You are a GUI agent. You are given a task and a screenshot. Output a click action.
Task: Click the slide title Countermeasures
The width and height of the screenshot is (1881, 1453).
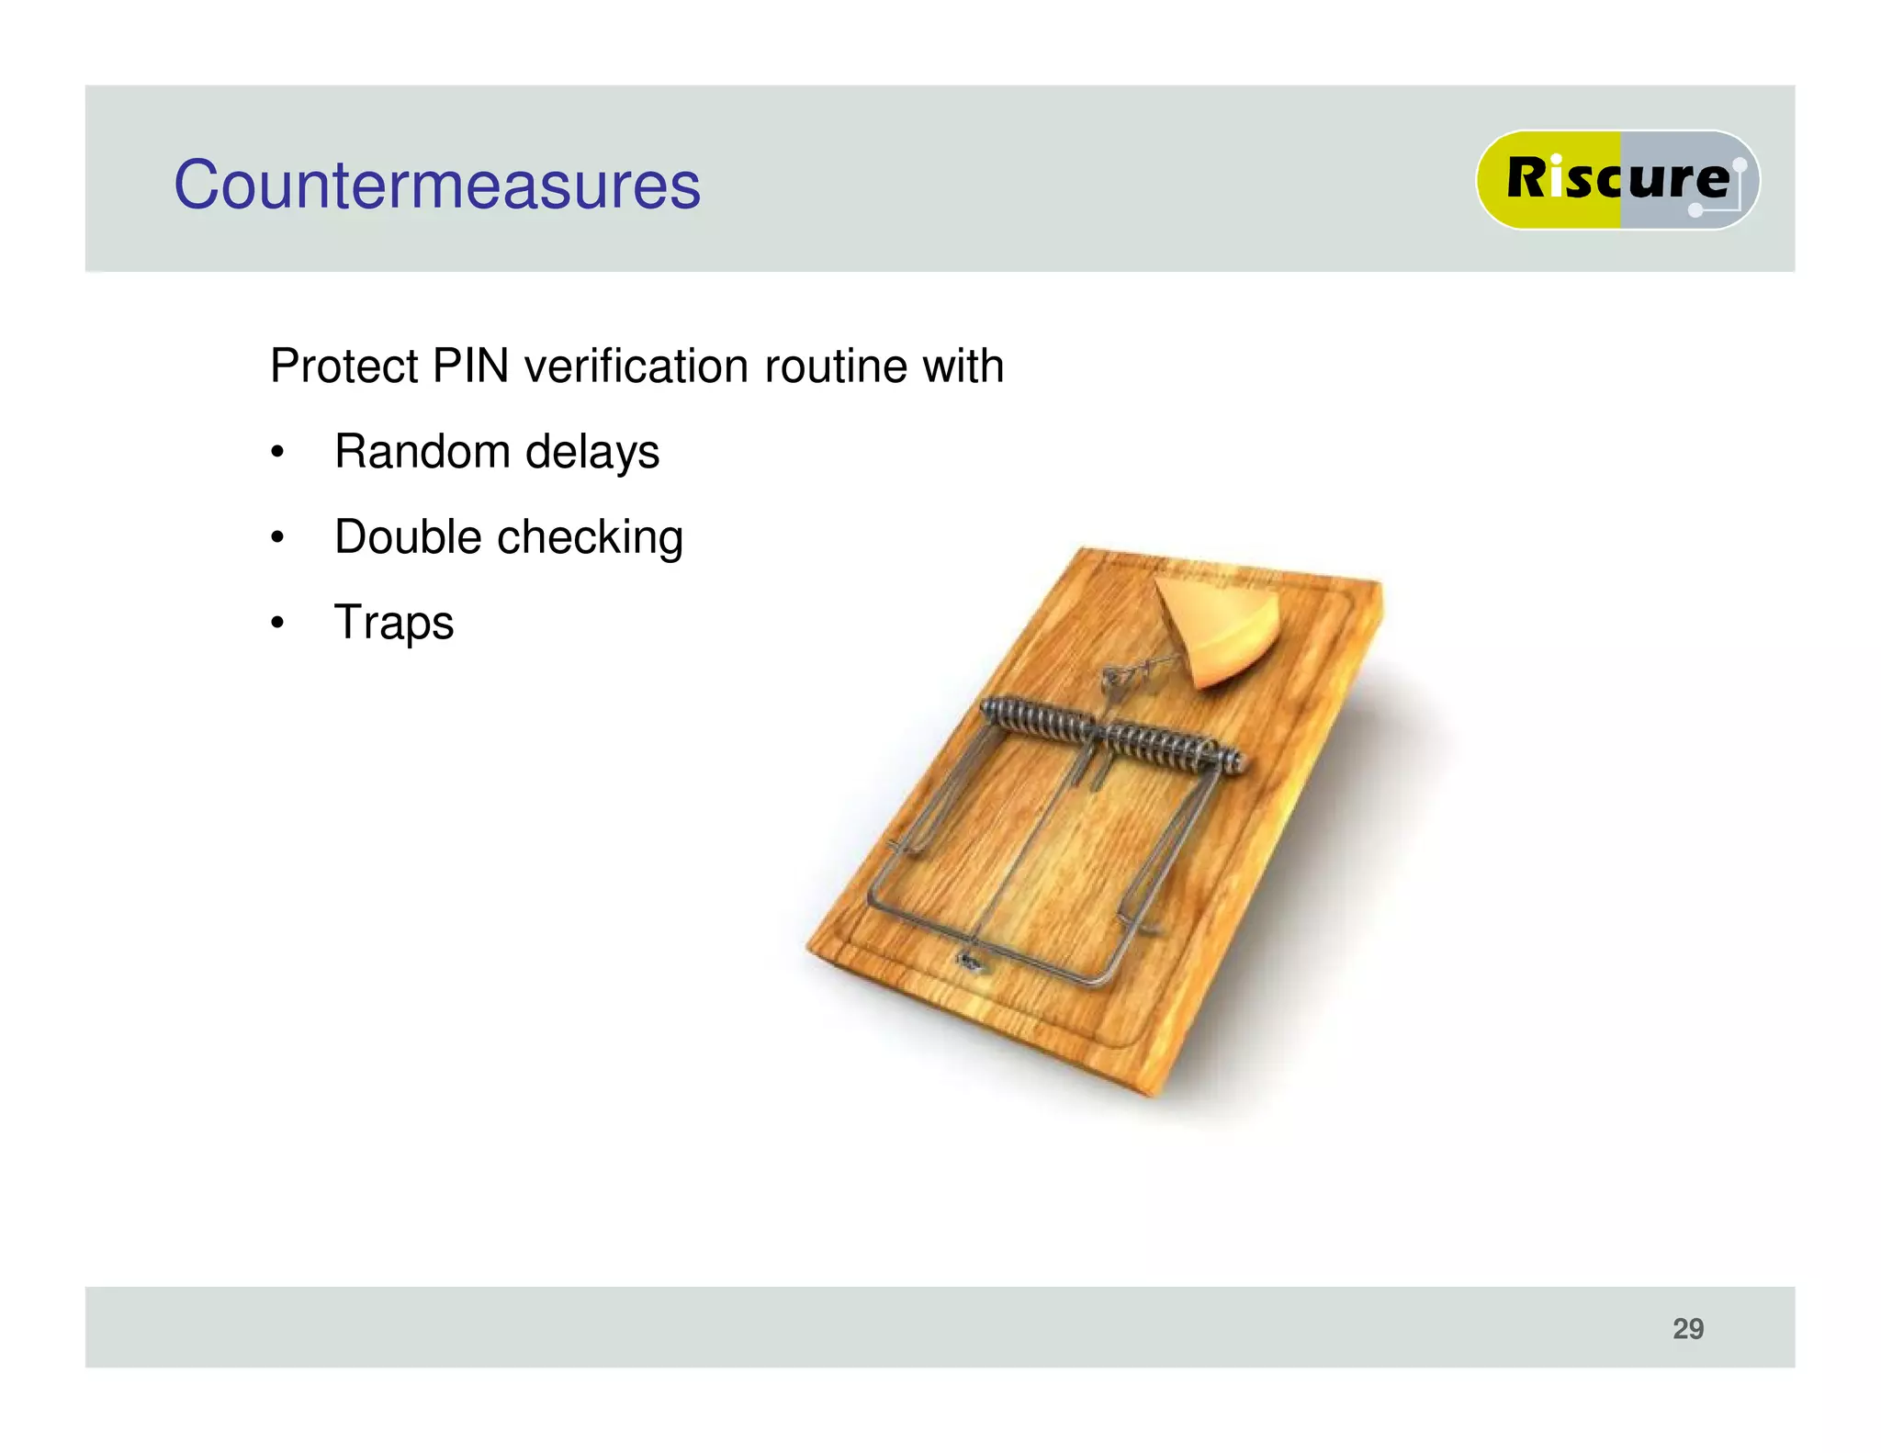click(x=437, y=186)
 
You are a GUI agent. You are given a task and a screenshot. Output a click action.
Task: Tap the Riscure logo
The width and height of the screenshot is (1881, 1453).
click(x=1616, y=179)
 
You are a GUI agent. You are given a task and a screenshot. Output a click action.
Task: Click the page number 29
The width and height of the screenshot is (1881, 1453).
click(x=1688, y=1328)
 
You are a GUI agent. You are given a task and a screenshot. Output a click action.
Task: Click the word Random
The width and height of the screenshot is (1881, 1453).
click(x=422, y=452)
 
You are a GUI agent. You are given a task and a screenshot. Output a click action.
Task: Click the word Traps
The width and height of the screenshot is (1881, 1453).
click(x=394, y=623)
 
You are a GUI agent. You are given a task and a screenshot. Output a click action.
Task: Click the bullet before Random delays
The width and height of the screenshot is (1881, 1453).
click(x=277, y=453)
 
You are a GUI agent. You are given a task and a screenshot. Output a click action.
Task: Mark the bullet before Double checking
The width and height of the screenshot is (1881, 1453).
click(x=277, y=538)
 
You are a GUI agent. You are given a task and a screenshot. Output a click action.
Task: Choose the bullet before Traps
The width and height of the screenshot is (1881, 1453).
click(x=277, y=624)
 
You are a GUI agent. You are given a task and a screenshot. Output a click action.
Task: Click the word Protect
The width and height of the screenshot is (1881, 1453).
click(x=344, y=366)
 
